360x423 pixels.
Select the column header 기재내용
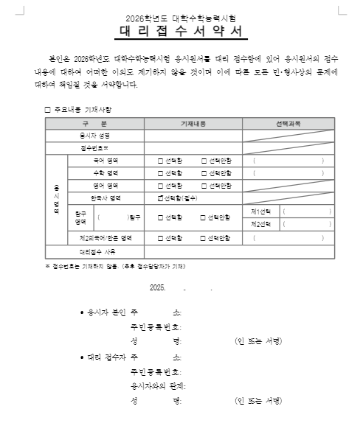pyautogui.click(x=193, y=123)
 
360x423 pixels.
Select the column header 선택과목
pyautogui.click(x=288, y=123)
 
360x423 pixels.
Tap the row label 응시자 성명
pyautogui.click(x=94, y=136)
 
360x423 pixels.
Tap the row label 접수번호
pyautogui.click(x=94, y=148)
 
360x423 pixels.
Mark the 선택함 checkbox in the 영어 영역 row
pyautogui.click(x=161, y=186)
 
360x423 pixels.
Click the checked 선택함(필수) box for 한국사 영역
pyautogui.click(x=161, y=198)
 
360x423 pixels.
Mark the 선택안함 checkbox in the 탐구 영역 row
pyautogui.click(x=204, y=217)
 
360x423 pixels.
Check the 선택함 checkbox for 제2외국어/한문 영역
pyautogui.click(x=161, y=238)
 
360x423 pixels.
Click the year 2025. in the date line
pyautogui.click(x=157, y=288)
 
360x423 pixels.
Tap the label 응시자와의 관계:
pyautogui.click(x=157, y=386)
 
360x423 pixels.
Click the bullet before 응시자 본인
pyautogui.click(x=81, y=312)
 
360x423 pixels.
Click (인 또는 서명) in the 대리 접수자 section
pyautogui.click(x=258, y=402)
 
